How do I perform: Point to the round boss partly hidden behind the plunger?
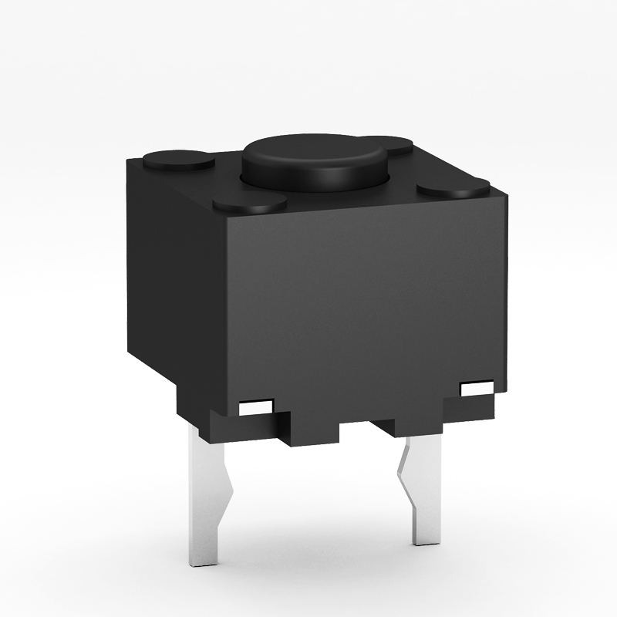click(398, 146)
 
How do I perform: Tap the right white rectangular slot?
click(477, 389)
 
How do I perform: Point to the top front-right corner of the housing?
click(509, 197)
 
